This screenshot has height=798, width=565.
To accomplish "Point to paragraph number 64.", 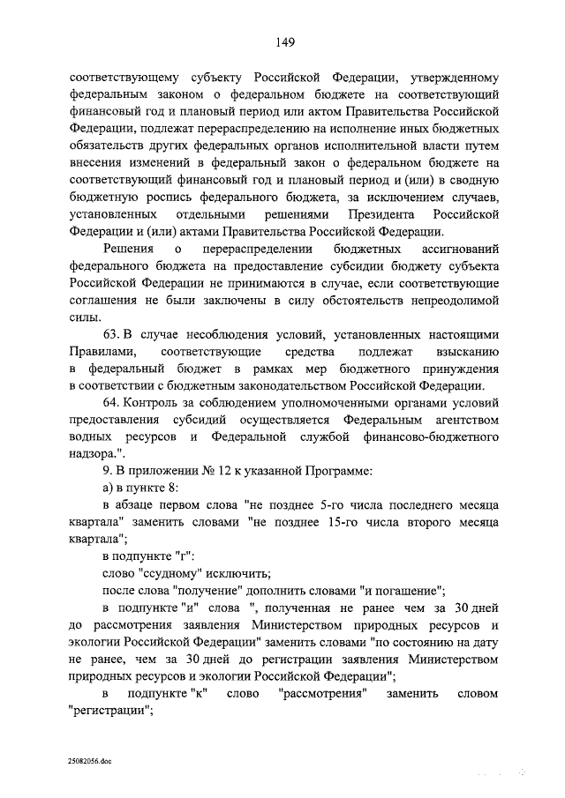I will coord(112,403).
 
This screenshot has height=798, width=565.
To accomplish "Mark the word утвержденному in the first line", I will coord(447,75).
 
